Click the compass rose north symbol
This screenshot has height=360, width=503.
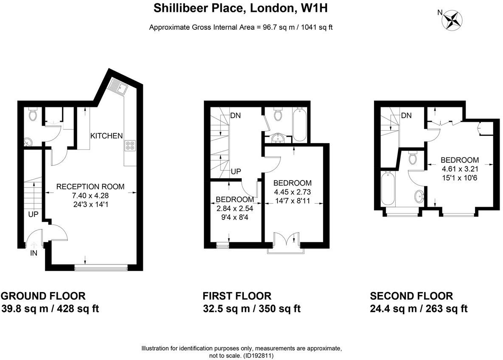point(452,20)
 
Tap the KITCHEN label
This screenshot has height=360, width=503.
point(106,136)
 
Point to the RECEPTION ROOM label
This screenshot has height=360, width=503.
point(90,186)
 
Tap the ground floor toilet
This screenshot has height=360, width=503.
point(32,114)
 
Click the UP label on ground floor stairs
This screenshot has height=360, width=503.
point(34,215)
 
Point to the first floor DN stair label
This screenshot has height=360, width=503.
point(236,115)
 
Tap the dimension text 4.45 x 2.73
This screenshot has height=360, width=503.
point(292,191)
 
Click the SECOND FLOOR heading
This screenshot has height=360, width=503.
point(411,296)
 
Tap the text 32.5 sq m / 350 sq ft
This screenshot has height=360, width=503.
point(251,309)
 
